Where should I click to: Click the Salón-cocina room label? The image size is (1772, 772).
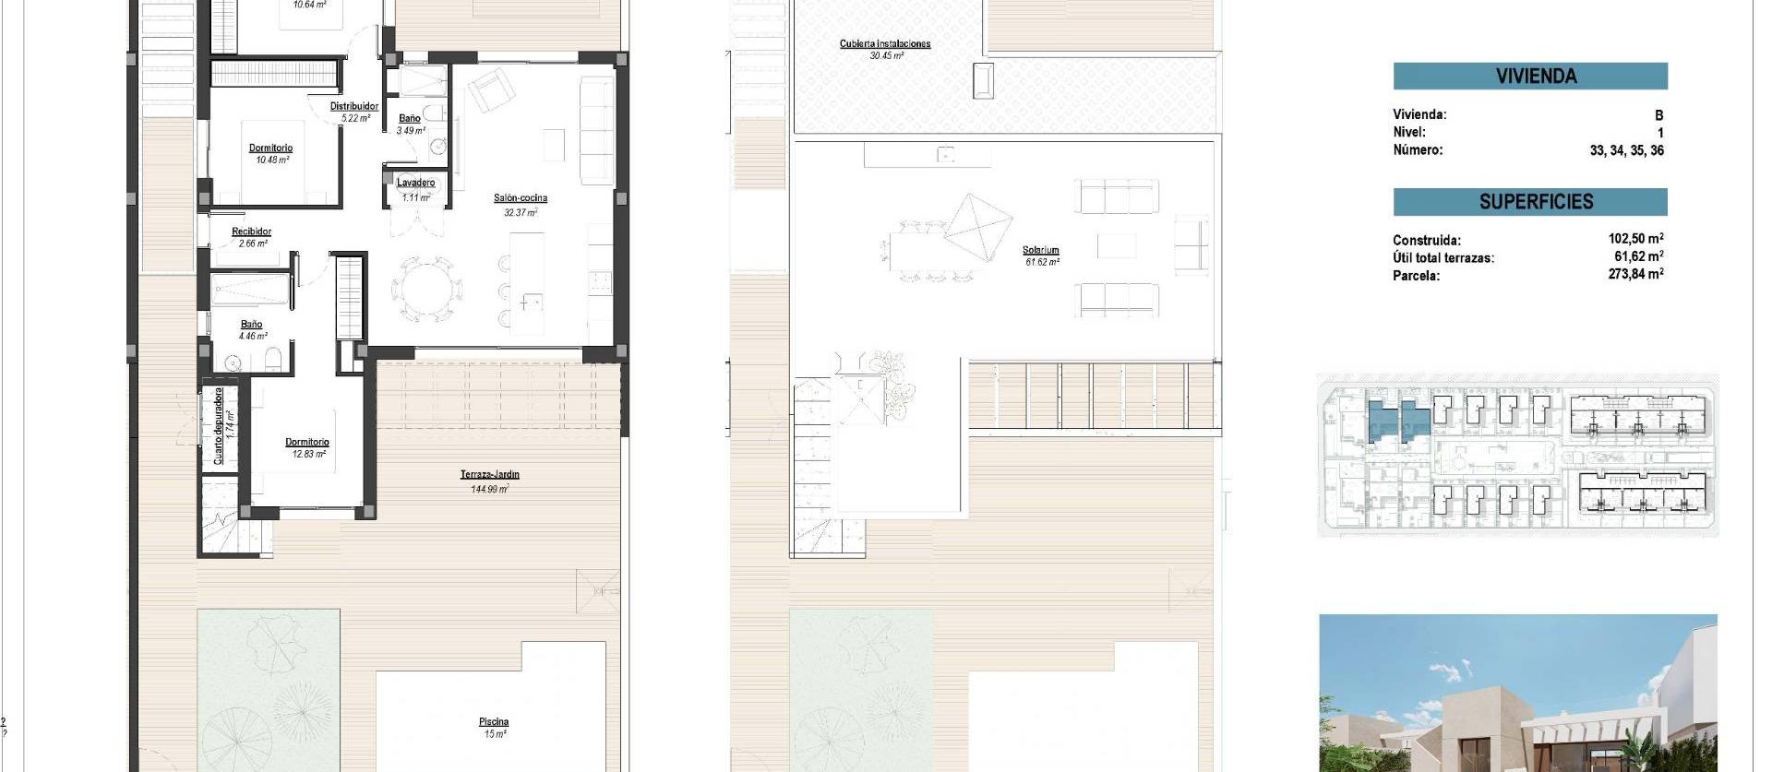[520, 198]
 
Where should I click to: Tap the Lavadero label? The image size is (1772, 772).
[415, 184]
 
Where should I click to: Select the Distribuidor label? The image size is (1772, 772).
[354, 107]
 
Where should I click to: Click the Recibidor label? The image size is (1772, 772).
[251, 232]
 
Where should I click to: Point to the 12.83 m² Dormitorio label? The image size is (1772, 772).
[306, 443]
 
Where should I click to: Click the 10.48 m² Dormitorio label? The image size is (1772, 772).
[270, 148]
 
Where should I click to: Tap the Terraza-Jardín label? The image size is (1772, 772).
[490, 475]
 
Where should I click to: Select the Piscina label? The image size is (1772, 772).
[494, 722]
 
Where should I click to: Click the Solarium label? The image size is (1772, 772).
[1040, 251]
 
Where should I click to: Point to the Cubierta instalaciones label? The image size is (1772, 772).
[884, 44]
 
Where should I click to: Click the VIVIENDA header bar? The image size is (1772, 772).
[1529, 77]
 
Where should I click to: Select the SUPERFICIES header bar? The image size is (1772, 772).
[1529, 202]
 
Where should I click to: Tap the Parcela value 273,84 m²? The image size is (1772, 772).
[1635, 274]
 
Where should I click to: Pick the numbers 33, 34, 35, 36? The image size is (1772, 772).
[1626, 150]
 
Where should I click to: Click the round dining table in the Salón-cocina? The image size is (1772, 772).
[425, 288]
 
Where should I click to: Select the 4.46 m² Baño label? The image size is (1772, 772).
[251, 325]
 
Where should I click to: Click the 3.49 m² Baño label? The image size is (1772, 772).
[410, 119]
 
